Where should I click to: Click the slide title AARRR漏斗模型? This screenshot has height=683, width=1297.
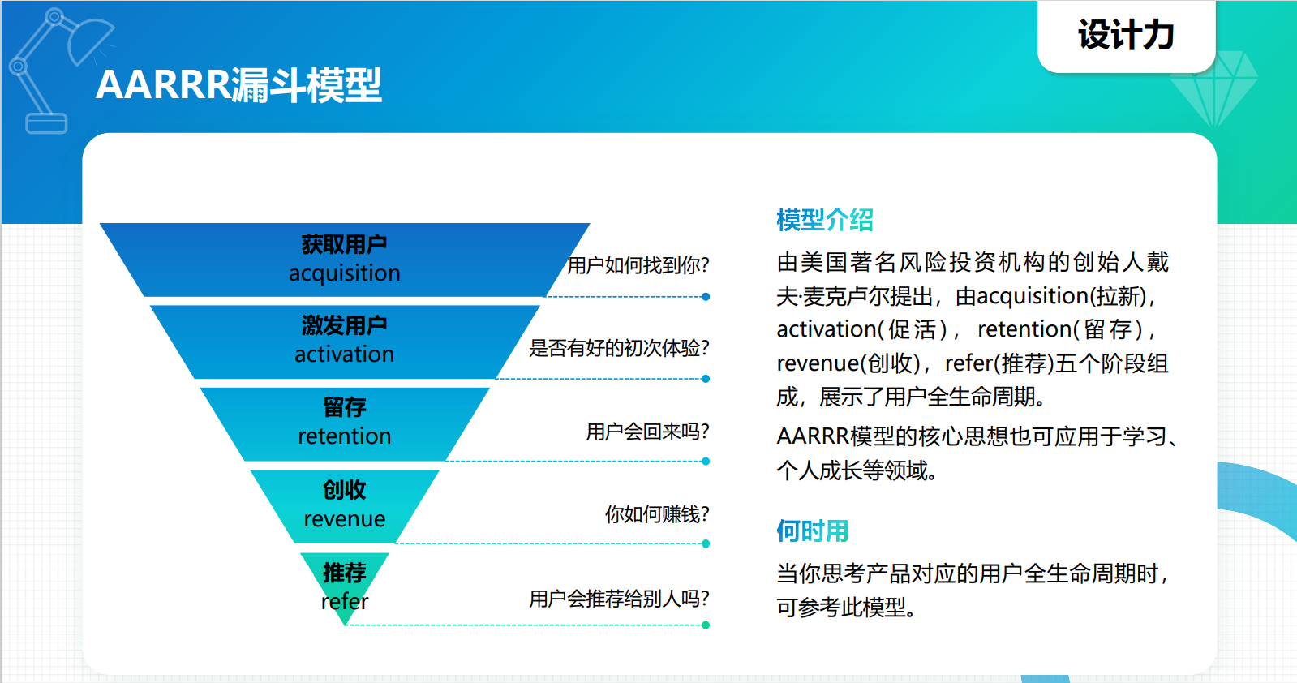[238, 85]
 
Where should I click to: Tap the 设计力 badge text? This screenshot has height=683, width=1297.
[1126, 35]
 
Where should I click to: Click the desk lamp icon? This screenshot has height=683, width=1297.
[58, 71]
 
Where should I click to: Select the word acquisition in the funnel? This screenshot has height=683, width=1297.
[345, 273]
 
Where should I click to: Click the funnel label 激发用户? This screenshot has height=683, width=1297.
[345, 325]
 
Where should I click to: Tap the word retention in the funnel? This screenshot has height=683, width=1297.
[345, 436]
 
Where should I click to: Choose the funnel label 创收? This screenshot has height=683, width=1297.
[345, 490]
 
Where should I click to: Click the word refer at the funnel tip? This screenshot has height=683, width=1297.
[345, 601]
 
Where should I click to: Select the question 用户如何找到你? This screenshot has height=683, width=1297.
[638, 265]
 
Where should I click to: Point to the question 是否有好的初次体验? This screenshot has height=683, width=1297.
[619, 348]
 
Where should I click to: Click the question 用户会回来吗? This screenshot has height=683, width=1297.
[647, 432]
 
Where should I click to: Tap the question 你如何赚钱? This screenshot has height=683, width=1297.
[657, 514]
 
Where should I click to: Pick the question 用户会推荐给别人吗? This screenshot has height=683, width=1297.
[619, 599]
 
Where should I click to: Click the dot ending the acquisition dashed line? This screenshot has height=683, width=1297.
[706, 297]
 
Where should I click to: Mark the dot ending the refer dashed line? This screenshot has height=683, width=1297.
[706, 625]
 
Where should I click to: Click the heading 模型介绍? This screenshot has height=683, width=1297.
[825, 220]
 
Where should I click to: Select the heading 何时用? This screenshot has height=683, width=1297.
[813, 531]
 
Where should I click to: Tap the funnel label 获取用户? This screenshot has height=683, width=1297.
[345, 244]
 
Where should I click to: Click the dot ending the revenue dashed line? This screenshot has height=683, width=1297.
[706, 543]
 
